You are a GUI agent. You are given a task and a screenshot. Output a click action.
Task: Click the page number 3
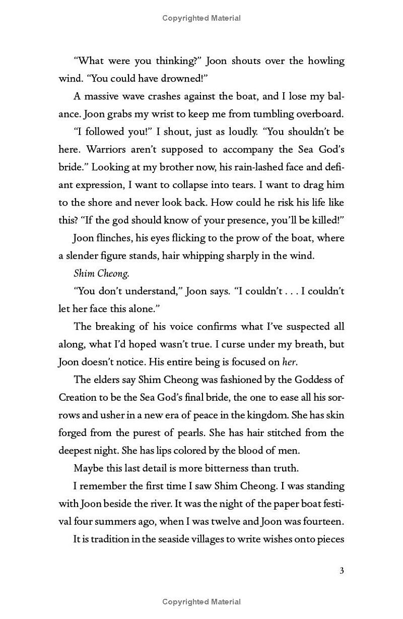[x=342, y=571]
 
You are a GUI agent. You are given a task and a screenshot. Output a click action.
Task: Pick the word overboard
[x=319, y=114]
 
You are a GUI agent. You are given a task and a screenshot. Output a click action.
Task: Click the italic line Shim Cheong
[x=95, y=273]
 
